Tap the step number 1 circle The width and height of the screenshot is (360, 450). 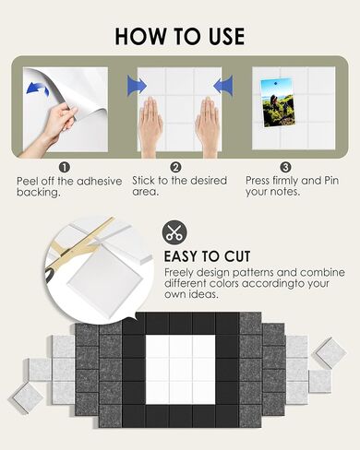(x=65, y=168)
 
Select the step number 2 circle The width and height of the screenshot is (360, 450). (x=175, y=168)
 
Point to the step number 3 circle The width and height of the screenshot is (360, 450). (x=285, y=167)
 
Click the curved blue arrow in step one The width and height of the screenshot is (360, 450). (x=37, y=89)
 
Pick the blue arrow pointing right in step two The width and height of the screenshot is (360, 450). (x=137, y=85)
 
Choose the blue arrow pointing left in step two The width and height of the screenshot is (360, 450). (x=222, y=85)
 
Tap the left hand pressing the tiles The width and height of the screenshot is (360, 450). (x=150, y=126)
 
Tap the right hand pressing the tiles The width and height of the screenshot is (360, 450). (x=208, y=126)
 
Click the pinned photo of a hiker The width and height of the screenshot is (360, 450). (x=278, y=102)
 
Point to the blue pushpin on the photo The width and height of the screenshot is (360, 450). (x=276, y=83)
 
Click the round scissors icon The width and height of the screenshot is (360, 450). (x=174, y=232)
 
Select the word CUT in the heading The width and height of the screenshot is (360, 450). (x=237, y=256)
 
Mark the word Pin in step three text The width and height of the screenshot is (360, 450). (x=331, y=181)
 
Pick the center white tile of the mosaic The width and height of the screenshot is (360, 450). (x=180, y=369)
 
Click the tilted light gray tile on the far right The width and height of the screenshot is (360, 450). (x=330, y=353)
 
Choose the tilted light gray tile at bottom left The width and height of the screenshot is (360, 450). (x=28, y=398)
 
